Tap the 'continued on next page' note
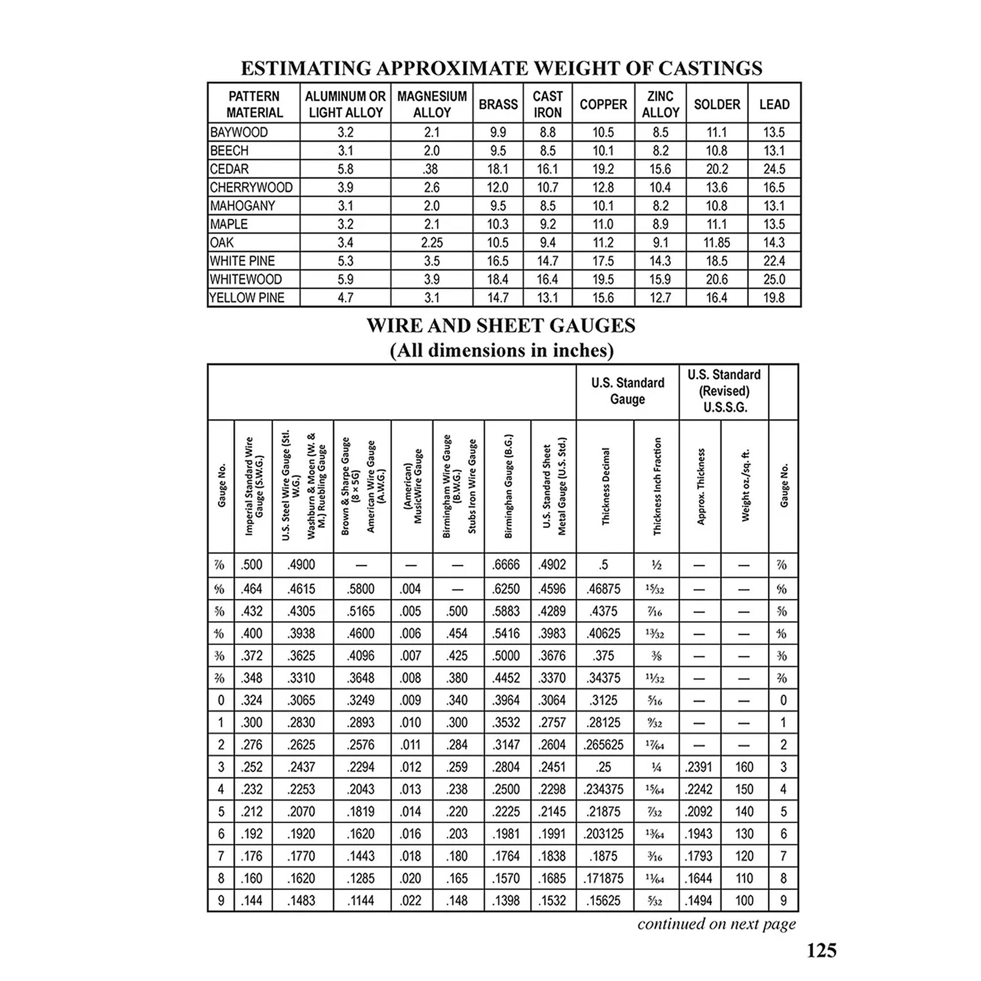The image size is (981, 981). coord(716,923)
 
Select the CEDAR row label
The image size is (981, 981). coord(229,169)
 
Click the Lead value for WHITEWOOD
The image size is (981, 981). coord(774,279)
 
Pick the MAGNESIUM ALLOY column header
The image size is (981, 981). coord(432,104)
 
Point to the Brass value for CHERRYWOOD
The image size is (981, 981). coord(498,188)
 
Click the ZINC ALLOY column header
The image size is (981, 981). coord(660,104)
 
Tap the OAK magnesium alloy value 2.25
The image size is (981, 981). coord(432,242)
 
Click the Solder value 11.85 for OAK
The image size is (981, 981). coord(716,242)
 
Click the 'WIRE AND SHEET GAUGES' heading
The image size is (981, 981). coord(501,326)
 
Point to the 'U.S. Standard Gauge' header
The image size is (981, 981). coord(628,391)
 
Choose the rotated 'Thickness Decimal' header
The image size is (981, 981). coord(605,486)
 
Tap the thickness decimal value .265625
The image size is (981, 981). coord(603,745)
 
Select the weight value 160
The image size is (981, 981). coord(745,767)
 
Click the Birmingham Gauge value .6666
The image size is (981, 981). coord(506,565)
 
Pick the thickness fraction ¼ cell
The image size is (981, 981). coord(656,768)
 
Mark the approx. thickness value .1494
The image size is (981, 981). coord(699,901)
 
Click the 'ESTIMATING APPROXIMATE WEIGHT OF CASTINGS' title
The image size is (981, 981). coord(501,68)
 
